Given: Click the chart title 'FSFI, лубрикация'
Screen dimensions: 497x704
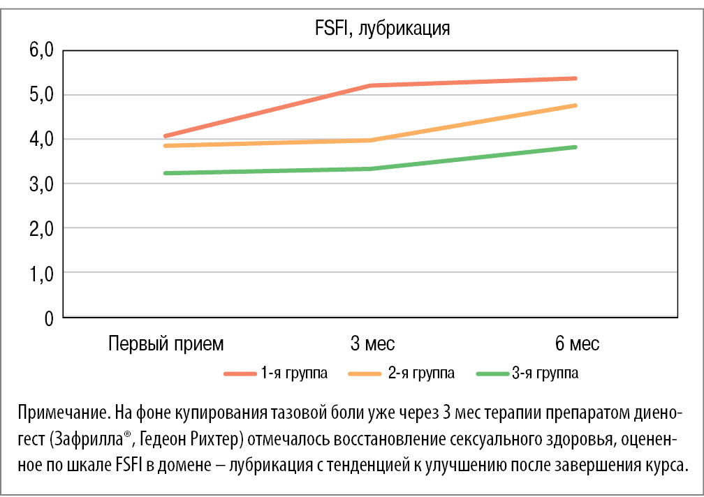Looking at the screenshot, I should point(380,29).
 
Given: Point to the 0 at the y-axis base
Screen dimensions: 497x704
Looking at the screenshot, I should point(48,318).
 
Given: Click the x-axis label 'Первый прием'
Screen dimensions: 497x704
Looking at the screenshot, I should point(166,344).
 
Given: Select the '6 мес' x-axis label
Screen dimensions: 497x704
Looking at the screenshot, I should point(577,344).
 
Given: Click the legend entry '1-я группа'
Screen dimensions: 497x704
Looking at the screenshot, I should point(294,373).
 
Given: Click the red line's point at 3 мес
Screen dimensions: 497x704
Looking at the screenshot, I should point(371,86).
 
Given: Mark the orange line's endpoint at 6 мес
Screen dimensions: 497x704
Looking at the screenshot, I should point(575,105).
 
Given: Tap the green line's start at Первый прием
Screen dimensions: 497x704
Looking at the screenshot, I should point(166,173).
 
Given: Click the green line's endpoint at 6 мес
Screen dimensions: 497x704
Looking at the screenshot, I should point(575,147).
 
